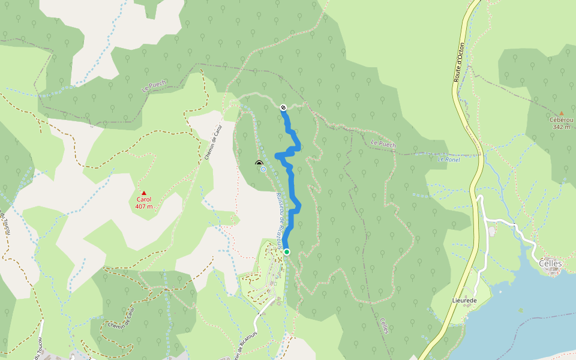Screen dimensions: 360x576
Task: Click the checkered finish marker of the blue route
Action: [x=283, y=107]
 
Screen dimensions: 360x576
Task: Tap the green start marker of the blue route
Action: [x=287, y=252]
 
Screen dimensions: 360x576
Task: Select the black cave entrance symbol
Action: [x=259, y=163]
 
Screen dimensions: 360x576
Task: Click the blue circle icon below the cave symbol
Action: [x=263, y=169]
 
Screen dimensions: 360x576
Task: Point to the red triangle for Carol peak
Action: [x=143, y=193]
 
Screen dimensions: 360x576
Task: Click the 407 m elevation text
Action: [x=144, y=206]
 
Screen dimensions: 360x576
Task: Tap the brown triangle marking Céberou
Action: [x=562, y=113]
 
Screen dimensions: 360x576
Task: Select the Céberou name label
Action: [x=562, y=120]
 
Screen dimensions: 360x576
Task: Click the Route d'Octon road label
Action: [x=459, y=62]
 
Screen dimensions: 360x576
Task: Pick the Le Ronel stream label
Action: [x=448, y=159]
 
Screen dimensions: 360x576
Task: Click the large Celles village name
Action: [x=550, y=263]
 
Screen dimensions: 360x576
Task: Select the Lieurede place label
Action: [x=464, y=299]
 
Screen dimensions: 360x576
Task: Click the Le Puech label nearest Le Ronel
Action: [x=383, y=144]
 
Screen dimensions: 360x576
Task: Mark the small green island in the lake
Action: [x=520, y=310]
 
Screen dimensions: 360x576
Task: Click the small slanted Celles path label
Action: [x=384, y=326]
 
